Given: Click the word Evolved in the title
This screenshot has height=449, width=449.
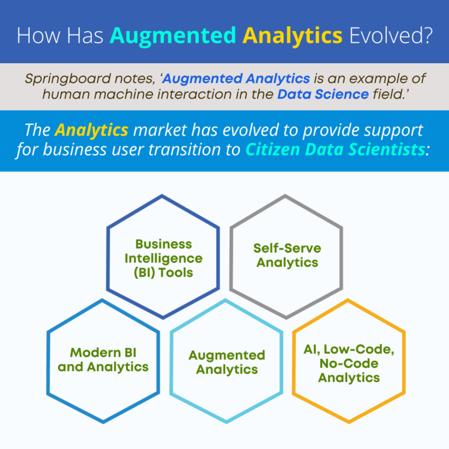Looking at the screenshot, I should point(391,35).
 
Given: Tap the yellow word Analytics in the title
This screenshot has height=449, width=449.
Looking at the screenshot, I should point(292,35).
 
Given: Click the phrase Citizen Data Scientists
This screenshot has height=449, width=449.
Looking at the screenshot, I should point(334,149).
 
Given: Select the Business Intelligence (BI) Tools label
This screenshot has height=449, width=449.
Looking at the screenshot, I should point(163,258).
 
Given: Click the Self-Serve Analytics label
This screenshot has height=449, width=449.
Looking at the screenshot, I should point(286,255).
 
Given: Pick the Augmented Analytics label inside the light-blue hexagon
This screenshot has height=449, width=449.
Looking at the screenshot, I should point(227,362).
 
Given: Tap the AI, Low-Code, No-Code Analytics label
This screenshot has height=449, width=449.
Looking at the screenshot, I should point(349,363).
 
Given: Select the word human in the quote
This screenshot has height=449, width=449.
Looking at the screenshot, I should point(52,94).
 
